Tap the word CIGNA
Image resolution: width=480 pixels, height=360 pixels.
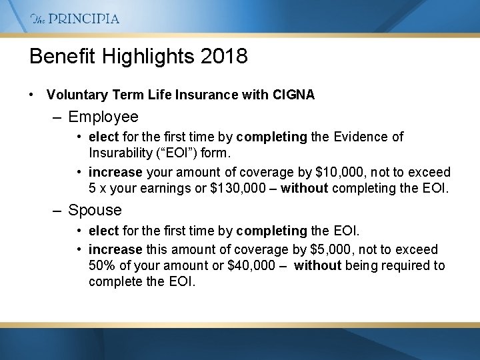click(293, 95)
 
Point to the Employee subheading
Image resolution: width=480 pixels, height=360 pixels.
click(103, 117)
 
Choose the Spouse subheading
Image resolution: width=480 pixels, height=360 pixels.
click(95, 210)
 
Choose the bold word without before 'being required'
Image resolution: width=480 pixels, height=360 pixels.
click(317, 266)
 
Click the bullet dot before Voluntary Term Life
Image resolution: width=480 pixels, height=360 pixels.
click(32, 95)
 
